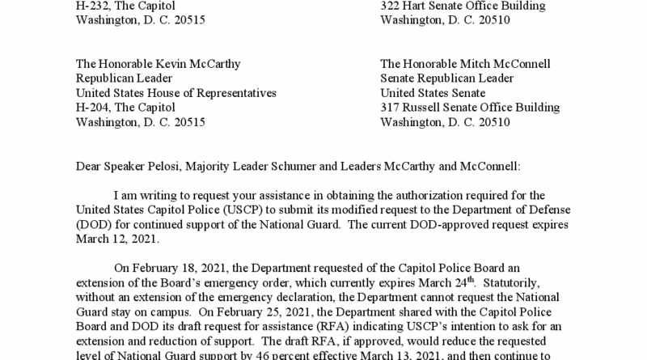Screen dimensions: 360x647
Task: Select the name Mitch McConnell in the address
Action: pyautogui.click(x=505, y=64)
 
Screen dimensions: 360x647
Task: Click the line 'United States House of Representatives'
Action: pyautogui.click(x=175, y=93)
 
